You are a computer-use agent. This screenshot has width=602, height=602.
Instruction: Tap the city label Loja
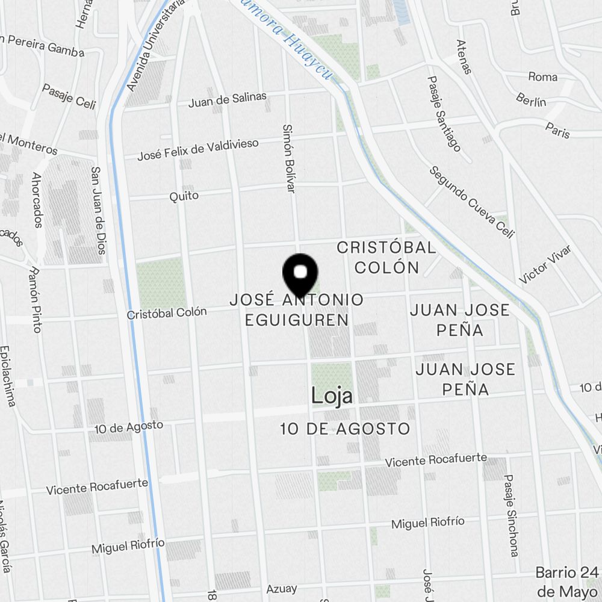(332, 396)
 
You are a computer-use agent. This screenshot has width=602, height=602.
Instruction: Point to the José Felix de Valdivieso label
(198, 150)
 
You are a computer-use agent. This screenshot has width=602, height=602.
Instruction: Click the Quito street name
(184, 196)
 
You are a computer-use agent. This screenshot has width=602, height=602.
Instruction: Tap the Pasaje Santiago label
(444, 114)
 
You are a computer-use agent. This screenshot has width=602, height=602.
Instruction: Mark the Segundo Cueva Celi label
(472, 202)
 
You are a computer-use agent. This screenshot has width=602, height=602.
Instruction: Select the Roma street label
(542, 76)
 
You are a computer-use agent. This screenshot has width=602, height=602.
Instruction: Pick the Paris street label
(557, 129)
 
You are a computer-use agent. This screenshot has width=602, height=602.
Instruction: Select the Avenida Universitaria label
(147, 46)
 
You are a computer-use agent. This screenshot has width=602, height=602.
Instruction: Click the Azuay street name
(282, 588)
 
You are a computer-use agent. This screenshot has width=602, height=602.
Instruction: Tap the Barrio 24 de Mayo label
(568, 580)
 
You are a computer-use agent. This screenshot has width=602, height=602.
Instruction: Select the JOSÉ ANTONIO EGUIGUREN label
(297, 309)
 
